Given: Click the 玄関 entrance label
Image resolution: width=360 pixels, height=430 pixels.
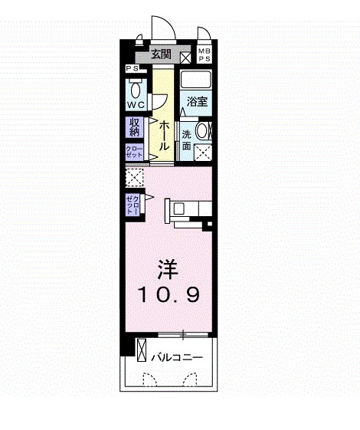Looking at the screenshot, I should click(x=161, y=54).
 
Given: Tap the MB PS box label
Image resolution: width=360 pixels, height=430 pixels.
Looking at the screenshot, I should click(x=205, y=54).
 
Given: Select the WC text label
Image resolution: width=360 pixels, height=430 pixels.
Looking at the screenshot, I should click(x=136, y=103).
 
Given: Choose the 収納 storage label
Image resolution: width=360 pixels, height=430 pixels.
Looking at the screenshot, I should click(x=135, y=126).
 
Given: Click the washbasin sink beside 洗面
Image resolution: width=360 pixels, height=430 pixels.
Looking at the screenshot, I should click(x=204, y=130).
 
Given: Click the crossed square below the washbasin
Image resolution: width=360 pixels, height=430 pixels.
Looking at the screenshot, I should click(x=204, y=150).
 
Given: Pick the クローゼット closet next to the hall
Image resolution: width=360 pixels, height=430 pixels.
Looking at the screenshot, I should click(x=134, y=151).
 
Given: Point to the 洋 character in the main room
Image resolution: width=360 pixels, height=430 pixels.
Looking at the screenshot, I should click(x=169, y=269).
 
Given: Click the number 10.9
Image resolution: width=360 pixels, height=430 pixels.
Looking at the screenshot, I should click(x=169, y=293).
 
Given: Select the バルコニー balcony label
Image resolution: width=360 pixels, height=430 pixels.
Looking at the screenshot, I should click(x=176, y=357).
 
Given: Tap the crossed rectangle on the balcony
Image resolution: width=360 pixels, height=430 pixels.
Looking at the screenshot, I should click(x=142, y=352).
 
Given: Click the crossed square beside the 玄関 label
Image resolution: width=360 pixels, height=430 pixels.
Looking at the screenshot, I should click(x=186, y=55).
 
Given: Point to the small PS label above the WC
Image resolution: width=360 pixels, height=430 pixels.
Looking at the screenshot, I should click(x=133, y=68).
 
